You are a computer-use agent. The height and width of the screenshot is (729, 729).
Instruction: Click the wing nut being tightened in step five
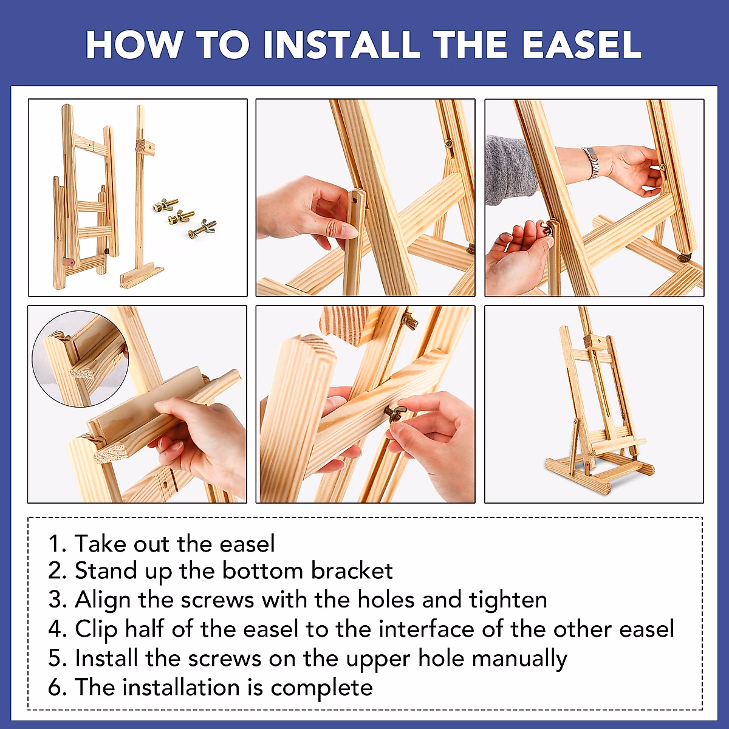[x=395, y=413]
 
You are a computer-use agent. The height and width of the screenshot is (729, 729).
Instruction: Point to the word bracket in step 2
[x=352, y=571]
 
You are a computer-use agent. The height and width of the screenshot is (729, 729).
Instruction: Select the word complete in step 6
[x=321, y=688]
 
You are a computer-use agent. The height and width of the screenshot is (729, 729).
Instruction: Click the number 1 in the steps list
[x=53, y=543]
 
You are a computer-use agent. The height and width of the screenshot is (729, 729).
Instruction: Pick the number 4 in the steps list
[x=55, y=629]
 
